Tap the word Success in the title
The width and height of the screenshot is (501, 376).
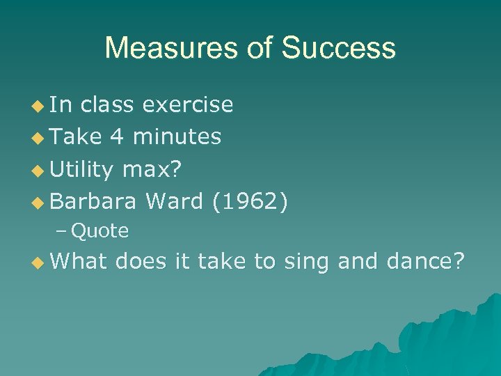pyautogui.click(x=338, y=49)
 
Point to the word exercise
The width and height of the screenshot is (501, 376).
pyautogui.click(x=187, y=105)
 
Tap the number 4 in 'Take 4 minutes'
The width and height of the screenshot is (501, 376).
pyautogui.click(x=116, y=137)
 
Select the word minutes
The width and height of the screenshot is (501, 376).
pyautogui.click(x=177, y=137)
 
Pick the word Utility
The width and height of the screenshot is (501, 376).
pyautogui.click(x=81, y=169)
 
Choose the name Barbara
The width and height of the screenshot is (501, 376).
pyautogui.click(x=93, y=201)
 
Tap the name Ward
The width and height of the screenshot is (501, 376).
pyautogui.click(x=174, y=201)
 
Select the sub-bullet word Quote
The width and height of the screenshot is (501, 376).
pyautogui.click(x=100, y=231)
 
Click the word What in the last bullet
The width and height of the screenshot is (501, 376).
pyautogui.click(x=79, y=261)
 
